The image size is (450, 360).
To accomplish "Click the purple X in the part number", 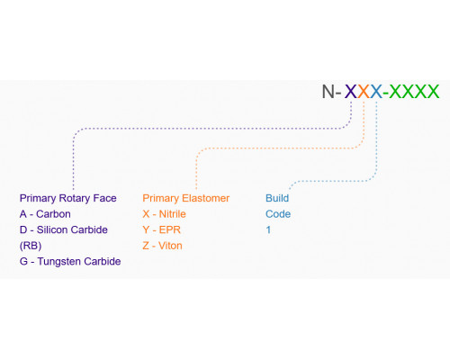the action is [351, 91].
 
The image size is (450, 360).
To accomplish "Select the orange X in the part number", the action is [364, 91].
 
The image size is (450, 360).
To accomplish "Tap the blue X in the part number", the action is [376, 91].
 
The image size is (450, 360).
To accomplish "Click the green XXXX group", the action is [414, 91].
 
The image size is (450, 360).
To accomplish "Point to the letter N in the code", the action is [328, 91].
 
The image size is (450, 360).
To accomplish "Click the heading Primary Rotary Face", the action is [68, 198].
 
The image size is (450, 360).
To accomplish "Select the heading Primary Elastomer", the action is [186, 198].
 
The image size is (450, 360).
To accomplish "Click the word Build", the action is [277, 198].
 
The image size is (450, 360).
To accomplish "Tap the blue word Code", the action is [278, 214].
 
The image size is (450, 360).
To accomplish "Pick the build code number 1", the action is [268, 229].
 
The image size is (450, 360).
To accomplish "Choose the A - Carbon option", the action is [45, 214].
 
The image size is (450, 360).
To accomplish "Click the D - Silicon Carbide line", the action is [64, 229].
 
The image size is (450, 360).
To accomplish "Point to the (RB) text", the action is [31, 246].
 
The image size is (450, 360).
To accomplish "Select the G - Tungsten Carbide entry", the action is [70, 262].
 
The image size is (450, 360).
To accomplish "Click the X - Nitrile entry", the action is [164, 214].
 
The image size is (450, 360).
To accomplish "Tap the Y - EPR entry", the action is [162, 229].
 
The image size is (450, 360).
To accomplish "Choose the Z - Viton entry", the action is [162, 246].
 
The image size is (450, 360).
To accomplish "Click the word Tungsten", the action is [59, 262].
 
